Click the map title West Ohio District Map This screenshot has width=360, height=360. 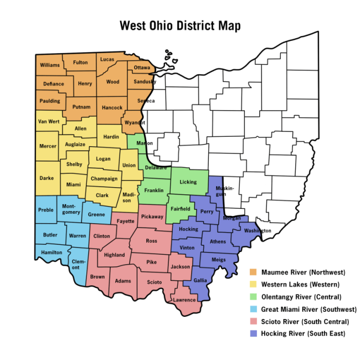click(180, 26)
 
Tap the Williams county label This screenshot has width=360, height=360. click(49, 65)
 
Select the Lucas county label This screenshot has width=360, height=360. click(107, 59)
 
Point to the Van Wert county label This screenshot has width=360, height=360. click(48, 121)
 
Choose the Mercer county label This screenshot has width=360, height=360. click(48, 146)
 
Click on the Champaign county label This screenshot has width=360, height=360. click(104, 178)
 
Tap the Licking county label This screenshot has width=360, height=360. click(188, 182)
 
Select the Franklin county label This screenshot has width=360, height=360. click(153, 190)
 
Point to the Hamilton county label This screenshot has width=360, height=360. click(52, 253)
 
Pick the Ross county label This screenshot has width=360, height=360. click(151, 241)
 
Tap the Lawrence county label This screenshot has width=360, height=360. click(184, 300)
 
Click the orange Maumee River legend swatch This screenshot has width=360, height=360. click(253, 272)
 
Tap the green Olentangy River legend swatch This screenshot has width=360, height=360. click(253, 297)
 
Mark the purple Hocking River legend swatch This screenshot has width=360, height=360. click(253, 333)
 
